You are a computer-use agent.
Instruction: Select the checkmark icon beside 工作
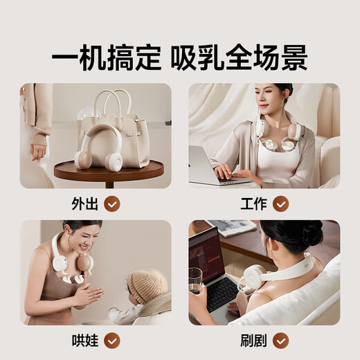tap(280, 204)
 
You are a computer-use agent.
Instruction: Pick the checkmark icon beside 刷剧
tap(280, 341)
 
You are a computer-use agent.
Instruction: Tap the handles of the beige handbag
tap(113, 101)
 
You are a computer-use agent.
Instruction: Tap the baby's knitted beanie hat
tap(147, 285)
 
